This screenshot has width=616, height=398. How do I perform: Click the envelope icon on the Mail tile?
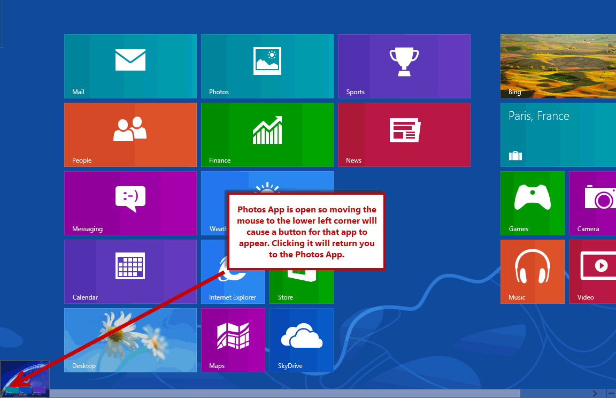[x=130, y=60]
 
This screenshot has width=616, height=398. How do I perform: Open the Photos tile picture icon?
[x=267, y=61]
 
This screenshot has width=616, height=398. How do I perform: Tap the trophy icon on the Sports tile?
[x=404, y=62]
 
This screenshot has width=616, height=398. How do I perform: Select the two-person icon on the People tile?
[x=130, y=129]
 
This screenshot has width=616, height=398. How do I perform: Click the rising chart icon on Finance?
[x=267, y=130]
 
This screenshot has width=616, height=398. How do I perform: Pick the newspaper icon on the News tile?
[x=405, y=130]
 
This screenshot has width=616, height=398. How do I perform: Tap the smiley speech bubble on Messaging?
[x=130, y=199]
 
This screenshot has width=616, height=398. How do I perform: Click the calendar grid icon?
[x=130, y=266]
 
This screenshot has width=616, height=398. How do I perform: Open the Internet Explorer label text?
[x=233, y=297]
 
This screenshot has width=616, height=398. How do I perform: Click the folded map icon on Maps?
[x=233, y=335]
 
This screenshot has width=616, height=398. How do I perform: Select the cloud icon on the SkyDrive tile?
[x=302, y=336]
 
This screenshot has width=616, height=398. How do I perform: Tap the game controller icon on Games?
[x=533, y=197]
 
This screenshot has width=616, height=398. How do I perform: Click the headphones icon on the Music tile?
[x=533, y=266]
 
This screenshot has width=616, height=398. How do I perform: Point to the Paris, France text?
[x=538, y=116]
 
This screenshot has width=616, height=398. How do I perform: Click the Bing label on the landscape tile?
[x=514, y=92]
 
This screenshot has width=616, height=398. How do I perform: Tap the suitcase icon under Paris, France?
[x=515, y=156]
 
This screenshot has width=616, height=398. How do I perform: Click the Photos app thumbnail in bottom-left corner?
[x=25, y=379]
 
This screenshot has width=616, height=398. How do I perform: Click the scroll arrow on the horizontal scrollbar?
[x=595, y=393]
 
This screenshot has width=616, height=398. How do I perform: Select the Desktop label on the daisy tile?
[x=83, y=366]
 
